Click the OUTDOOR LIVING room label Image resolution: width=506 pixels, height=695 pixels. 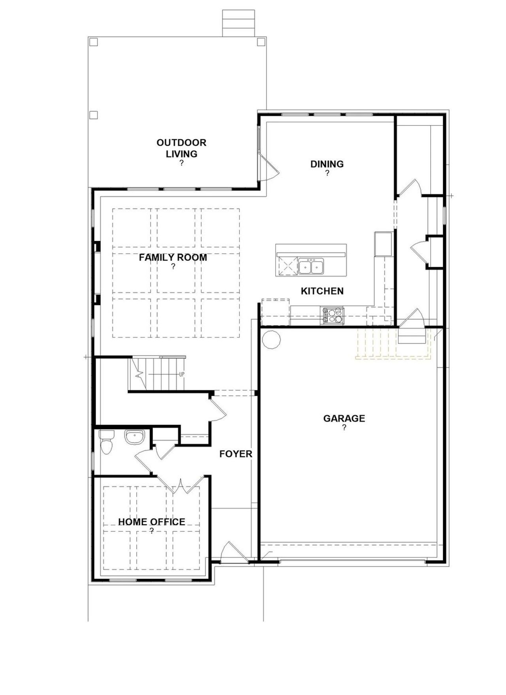[181, 148]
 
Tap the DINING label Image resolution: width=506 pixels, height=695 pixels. [327, 164]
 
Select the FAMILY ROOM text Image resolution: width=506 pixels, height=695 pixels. [173, 258]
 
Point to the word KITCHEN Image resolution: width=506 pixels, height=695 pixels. [322, 291]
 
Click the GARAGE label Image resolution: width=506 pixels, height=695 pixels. [344, 418]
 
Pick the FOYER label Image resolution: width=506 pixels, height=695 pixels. [236, 454]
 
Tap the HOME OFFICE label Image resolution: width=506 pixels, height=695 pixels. [151, 522]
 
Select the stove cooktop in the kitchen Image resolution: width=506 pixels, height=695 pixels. [333, 316]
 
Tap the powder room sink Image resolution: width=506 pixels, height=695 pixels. [135, 437]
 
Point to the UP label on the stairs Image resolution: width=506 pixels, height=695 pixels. [181, 374]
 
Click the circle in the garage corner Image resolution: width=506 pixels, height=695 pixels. [271, 339]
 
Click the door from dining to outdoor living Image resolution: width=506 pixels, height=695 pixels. [269, 167]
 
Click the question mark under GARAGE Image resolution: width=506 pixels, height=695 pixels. [344, 428]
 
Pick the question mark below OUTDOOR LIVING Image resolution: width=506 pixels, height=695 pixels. [181, 163]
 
